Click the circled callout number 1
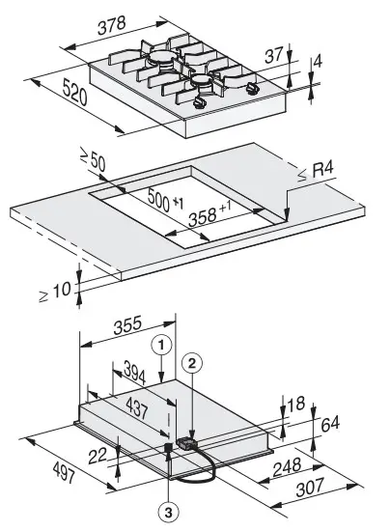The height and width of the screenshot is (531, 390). tap(165, 341)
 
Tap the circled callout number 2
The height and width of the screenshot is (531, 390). tap(194, 363)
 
